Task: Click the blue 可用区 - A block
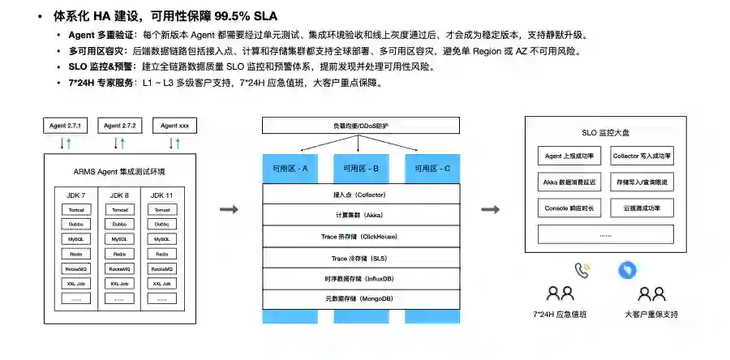[x=290, y=169]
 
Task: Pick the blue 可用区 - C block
[x=432, y=169]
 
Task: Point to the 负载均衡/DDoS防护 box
[x=361, y=126]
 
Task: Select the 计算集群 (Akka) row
[x=361, y=215]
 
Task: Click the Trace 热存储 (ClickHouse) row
[x=361, y=236]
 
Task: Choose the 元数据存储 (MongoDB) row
[x=361, y=298]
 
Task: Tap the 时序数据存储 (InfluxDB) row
[x=361, y=278]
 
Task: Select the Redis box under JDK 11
[x=161, y=254]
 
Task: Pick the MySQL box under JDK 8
[x=119, y=239]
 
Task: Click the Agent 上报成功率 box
[x=569, y=156]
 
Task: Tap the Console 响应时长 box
[x=569, y=208]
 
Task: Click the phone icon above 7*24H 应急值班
[x=582, y=270]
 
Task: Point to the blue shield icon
[x=627, y=270]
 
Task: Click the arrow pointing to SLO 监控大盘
[x=490, y=210]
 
